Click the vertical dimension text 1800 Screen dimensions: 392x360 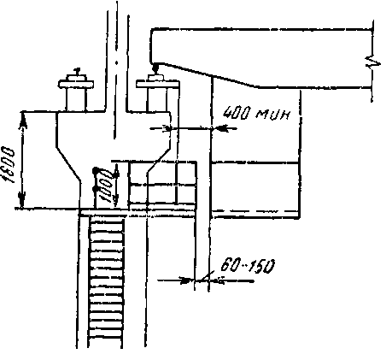8,165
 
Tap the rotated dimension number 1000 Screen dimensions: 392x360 104,186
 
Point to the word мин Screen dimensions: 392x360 274,115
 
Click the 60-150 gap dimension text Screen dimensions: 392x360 248,266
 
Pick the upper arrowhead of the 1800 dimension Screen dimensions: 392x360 23,121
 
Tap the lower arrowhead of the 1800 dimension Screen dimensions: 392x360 22,199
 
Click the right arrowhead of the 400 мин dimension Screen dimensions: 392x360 220,129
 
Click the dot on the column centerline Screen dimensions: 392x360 116,62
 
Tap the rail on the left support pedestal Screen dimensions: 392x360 76,76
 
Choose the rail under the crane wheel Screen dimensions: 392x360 155,77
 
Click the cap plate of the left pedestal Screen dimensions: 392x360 76,84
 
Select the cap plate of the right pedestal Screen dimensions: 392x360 158,84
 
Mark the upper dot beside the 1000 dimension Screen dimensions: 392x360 96,170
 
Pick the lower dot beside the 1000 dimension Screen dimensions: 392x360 96,189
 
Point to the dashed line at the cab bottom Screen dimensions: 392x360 255,212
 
